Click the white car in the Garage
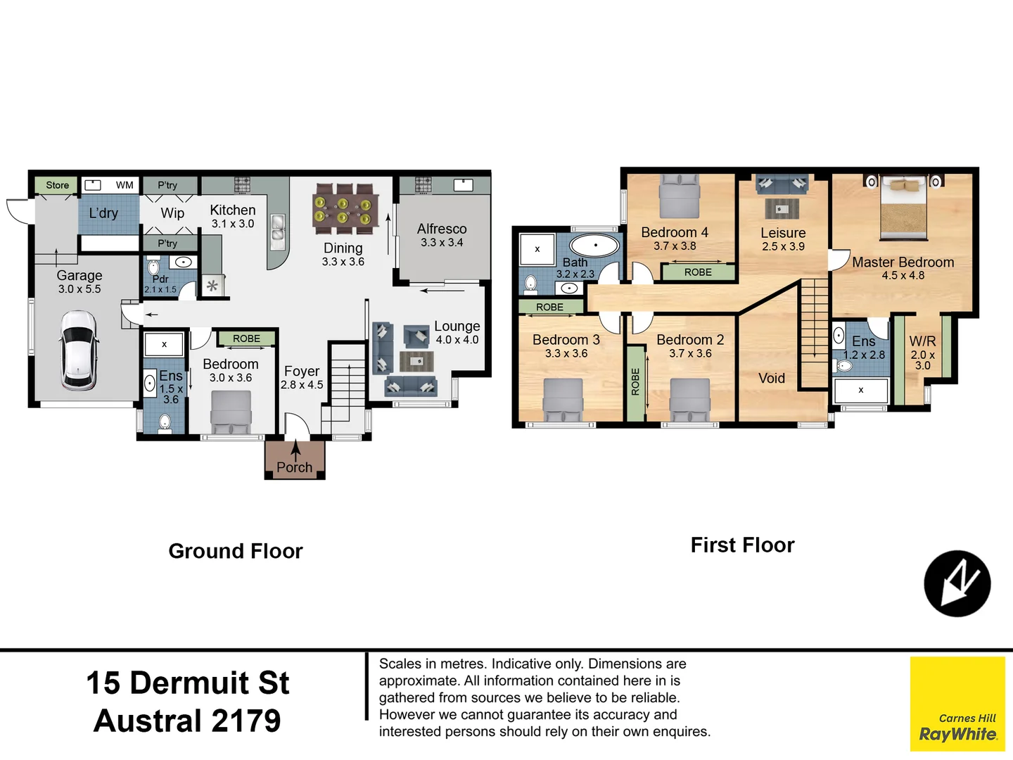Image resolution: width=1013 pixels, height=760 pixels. tap(79, 350)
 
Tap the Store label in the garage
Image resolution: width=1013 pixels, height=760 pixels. tap(57, 185)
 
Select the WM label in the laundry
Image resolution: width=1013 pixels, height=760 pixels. tap(125, 185)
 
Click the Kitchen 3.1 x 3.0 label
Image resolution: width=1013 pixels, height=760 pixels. tap(232, 216)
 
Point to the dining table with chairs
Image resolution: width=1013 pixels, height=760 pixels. tap(345, 208)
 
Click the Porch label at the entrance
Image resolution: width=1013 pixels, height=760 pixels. tap(294, 467)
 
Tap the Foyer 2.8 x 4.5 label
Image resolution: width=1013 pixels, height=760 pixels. tap(302, 377)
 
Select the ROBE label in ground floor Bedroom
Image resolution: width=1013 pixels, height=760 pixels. tap(246, 338)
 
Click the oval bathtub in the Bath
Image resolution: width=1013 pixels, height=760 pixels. tap(594, 246)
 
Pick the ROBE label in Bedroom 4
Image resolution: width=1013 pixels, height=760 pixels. tap(698, 272)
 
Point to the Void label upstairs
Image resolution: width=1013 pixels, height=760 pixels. tap(772, 378)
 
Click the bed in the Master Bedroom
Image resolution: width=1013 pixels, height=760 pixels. tap(904, 208)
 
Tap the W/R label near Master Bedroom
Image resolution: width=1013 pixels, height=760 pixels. tap(922, 341)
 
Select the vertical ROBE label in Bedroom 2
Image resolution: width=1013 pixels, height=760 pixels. tap(635, 382)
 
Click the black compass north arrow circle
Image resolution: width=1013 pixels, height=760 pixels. tap(957, 583)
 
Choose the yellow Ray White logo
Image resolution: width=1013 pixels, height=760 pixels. tap(957, 704)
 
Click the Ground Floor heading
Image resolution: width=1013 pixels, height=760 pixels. tap(236, 551)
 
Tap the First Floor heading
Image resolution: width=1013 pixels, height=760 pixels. tap(742, 545)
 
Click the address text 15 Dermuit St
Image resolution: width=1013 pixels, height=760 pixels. tap(188, 683)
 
